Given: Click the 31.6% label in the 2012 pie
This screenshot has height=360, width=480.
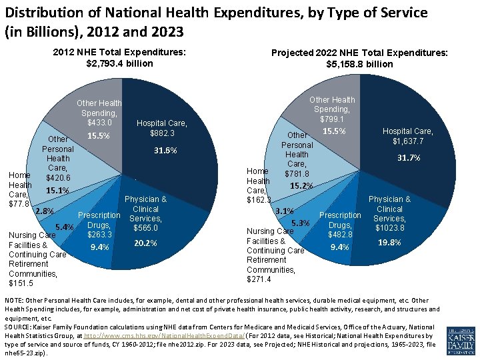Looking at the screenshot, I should pos(165,151).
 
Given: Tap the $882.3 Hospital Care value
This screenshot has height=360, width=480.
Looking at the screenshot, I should pos(162,133).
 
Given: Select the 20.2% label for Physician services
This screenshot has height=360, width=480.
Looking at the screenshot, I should pos(145,243).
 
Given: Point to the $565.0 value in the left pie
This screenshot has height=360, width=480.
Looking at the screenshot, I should pos(145,228).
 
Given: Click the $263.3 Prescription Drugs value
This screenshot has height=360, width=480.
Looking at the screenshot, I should pos(99,234).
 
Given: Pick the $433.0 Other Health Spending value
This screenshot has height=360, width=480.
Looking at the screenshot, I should pos(99,122).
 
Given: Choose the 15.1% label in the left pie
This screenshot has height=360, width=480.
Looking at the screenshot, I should pos(58,191).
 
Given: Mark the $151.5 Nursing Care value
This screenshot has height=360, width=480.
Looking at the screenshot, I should pos(20,283).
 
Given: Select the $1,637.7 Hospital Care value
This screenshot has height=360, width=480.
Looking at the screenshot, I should pos(408,141).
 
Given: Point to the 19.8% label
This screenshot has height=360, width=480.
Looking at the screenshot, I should pos(389,243).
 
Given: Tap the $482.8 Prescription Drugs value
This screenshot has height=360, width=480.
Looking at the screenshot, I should pos(340,234).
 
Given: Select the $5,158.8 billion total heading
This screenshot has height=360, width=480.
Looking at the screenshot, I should pos(359,64).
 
